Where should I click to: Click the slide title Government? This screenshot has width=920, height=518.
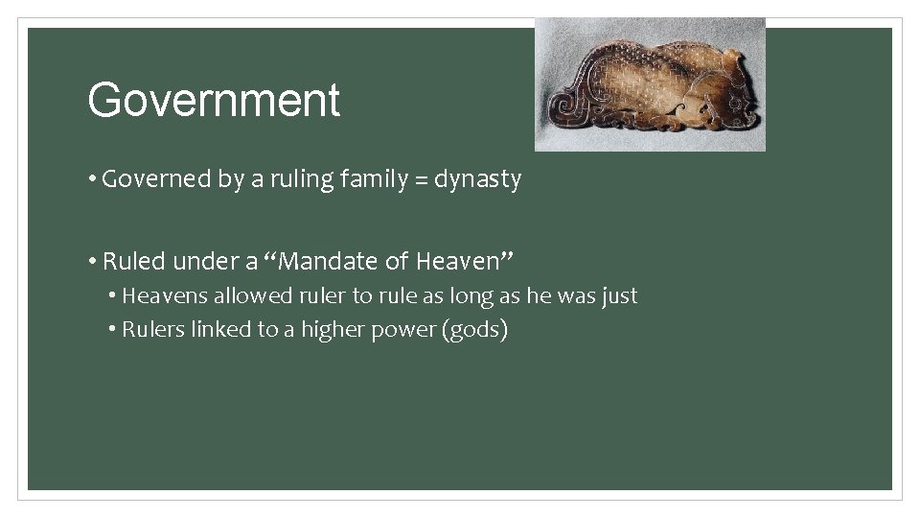[x=214, y=101]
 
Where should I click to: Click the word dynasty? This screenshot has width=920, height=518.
[x=477, y=179]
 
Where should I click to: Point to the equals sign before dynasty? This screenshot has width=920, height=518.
[x=423, y=179]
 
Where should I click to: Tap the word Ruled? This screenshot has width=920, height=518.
[x=135, y=261]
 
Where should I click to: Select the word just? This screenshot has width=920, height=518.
[x=619, y=296]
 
